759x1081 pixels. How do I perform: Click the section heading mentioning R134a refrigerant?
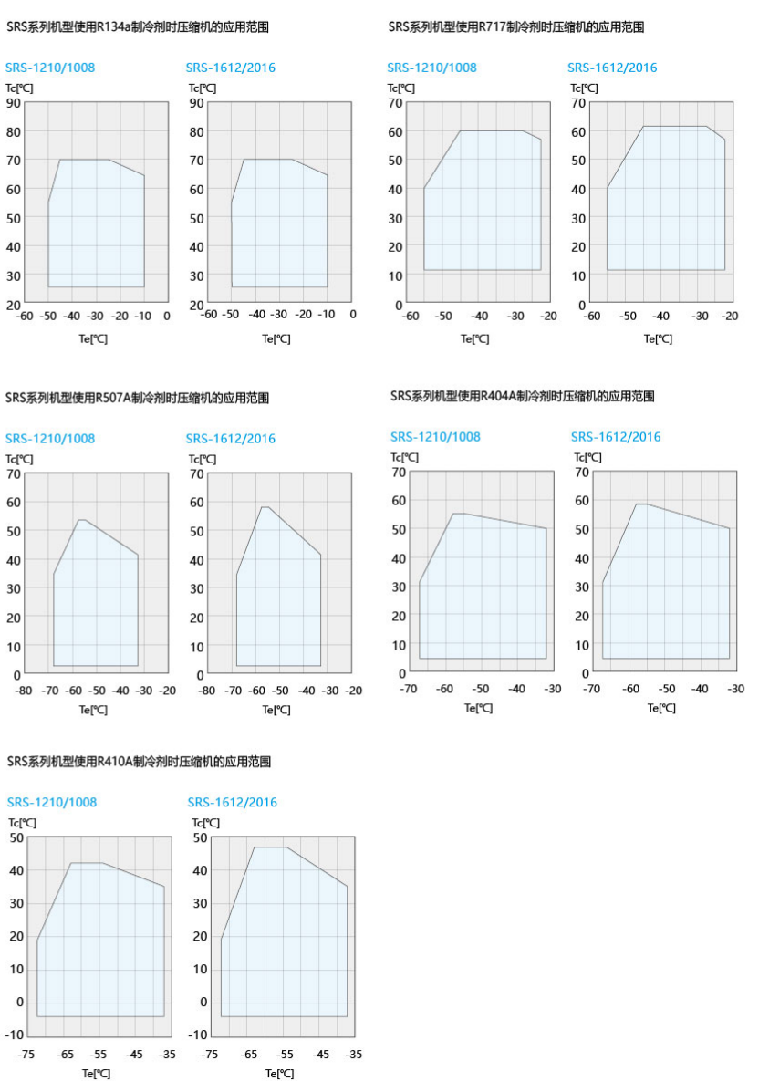[x=137, y=27]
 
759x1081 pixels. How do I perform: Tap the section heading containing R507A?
[x=137, y=398]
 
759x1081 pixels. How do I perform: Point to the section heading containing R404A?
[x=522, y=396]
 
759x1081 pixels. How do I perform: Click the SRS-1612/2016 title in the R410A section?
[x=232, y=803]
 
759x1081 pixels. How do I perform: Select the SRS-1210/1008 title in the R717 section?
[x=431, y=68]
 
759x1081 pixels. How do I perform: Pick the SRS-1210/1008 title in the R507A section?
[x=50, y=439]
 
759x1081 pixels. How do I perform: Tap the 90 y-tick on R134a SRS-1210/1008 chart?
[x=14, y=102]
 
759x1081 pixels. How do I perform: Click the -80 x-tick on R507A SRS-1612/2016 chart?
[x=207, y=691]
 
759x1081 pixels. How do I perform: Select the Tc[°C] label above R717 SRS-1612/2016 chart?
[x=584, y=88]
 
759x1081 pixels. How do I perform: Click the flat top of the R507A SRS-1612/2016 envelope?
[x=265, y=507]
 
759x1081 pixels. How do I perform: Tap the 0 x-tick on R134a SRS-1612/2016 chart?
[x=353, y=315]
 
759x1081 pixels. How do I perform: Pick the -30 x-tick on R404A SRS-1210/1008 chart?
[x=552, y=689]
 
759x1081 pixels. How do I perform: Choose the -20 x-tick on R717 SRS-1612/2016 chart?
[x=730, y=317]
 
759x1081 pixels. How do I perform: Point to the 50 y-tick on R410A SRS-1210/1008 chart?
[x=16, y=837]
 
